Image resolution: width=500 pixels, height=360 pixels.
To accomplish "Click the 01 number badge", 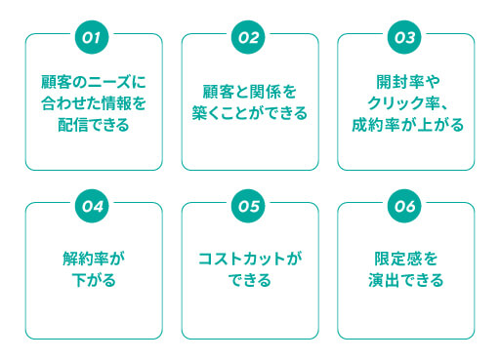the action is click(x=94, y=37).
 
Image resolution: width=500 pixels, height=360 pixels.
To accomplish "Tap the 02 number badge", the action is click(x=250, y=37).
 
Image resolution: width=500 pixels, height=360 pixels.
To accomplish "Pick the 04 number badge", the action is click(x=94, y=206).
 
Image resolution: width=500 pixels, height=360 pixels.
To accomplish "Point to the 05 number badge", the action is click(x=250, y=206).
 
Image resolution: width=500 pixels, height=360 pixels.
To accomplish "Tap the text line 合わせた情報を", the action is click(x=94, y=103).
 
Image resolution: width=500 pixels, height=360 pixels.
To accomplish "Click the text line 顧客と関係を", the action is click(x=250, y=93).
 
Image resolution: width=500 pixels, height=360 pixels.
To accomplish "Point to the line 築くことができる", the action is click(x=250, y=114).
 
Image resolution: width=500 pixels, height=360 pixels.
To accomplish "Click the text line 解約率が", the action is click(x=94, y=260).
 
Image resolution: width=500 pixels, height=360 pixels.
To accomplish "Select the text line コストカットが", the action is click(x=250, y=260).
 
